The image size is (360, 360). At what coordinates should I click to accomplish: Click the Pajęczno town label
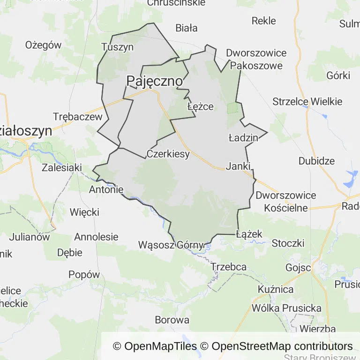pos(154,81)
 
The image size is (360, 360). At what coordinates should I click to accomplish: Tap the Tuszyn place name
pos(118,47)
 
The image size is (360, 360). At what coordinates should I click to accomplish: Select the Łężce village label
pos(200,106)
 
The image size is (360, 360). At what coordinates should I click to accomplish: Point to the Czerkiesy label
pos(168,154)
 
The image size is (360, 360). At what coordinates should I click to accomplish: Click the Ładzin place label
pos(243,138)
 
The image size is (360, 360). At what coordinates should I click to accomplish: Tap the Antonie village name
pos(106,189)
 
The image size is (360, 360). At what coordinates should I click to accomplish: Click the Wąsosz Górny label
pos(171,245)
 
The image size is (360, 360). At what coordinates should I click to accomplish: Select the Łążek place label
pos(249,234)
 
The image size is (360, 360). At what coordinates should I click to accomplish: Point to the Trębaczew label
pos(77,117)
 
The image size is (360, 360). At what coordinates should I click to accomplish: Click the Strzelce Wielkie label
pos(307,102)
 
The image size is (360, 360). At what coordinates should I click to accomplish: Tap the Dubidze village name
pos(316,161)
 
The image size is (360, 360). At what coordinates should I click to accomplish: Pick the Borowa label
pos(172,320)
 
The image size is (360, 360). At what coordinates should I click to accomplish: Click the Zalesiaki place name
pos(62,167)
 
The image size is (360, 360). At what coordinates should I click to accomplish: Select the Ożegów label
pos(44,45)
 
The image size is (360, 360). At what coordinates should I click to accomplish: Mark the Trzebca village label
pos(229,267)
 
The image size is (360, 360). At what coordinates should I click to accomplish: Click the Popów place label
pos(84,275)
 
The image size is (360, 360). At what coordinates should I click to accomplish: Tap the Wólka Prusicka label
pos(286,308)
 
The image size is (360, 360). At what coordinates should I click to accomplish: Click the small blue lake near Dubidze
pos(351,178)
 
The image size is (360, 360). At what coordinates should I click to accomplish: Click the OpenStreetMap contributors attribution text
pos(282,346)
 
